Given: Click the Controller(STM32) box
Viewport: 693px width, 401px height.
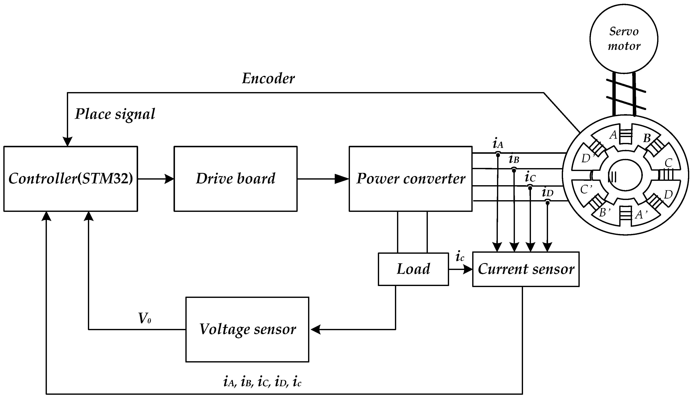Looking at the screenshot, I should click(x=70, y=179).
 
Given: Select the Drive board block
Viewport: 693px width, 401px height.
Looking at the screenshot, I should click(x=235, y=179).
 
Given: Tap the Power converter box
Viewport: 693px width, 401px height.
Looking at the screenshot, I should click(x=410, y=179).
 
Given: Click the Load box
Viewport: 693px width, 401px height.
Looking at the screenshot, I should click(x=413, y=269).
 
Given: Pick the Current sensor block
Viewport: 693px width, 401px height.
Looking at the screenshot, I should click(x=526, y=269).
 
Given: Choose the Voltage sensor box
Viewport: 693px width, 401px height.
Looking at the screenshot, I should click(x=247, y=329).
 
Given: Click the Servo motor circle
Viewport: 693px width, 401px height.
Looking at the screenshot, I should click(x=624, y=39).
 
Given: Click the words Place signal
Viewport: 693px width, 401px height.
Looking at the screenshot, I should click(x=115, y=114).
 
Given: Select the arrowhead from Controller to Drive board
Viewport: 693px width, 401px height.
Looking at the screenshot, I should click(x=169, y=179).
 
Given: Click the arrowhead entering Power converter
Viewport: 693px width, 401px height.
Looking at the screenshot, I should click(x=342, y=179).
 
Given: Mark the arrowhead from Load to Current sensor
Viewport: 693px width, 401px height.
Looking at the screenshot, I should click(x=467, y=269).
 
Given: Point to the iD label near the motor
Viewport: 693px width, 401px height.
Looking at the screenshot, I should click(x=547, y=192).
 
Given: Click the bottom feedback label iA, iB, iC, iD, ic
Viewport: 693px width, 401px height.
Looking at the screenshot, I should click(x=262, y=382).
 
